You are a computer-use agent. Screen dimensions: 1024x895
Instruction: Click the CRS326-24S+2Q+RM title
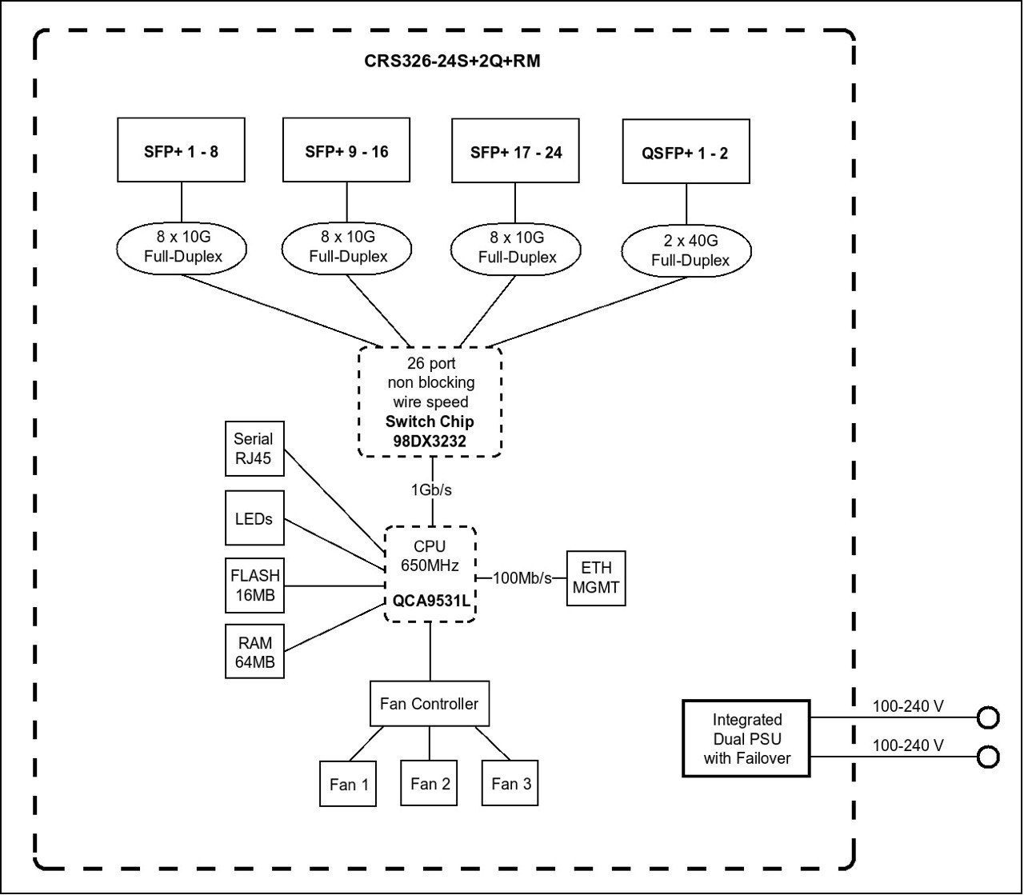click(x=452, y=61)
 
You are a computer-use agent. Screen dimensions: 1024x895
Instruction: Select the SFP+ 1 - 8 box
click(x=181, y=150)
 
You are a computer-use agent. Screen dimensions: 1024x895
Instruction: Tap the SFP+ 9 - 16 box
click(x=346, y=150)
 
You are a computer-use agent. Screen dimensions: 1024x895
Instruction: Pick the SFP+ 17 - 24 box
click(x=515, y=150)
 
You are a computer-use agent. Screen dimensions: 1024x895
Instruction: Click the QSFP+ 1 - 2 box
click(x=686, y=151)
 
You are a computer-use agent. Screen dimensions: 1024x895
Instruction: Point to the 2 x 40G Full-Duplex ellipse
click(x=686, y=250)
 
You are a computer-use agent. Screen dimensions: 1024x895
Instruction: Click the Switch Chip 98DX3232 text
click(x=430, y=431)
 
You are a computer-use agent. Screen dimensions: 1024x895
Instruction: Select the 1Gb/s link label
click(x=431, y=490)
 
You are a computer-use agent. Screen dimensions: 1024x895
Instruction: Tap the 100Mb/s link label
click(x=522, y=578)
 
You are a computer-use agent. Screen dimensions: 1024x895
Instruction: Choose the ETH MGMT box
click(x=596, y=578)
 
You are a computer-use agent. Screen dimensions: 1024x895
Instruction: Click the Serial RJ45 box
click(x=254, y=448)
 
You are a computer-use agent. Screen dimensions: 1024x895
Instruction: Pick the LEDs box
click(x=254, y=517)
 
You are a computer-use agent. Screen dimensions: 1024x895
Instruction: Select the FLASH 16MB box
click(x=254, y=585)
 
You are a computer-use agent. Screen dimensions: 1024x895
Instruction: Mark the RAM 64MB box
click(x=254, y=651)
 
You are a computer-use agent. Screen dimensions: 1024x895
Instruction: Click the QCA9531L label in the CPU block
click(x=431, y=601)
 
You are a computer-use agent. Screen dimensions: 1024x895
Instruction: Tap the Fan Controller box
click(x=430, y=703)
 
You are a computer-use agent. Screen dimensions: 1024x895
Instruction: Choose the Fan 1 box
click(x=348, y=784)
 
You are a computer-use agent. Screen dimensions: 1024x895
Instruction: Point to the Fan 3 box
click(x=510, y=783)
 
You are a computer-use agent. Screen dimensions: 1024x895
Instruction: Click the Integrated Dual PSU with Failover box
click(x=746, y=738)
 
